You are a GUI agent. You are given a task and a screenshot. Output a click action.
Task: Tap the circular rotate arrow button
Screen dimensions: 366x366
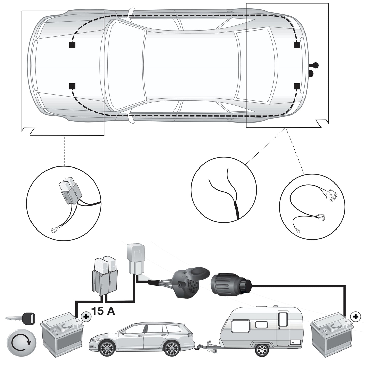tap(21, 342)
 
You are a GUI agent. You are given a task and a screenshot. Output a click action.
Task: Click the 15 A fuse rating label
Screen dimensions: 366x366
tap(103, 311)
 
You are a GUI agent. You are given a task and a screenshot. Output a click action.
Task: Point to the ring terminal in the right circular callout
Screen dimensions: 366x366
tap(297, 231)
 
